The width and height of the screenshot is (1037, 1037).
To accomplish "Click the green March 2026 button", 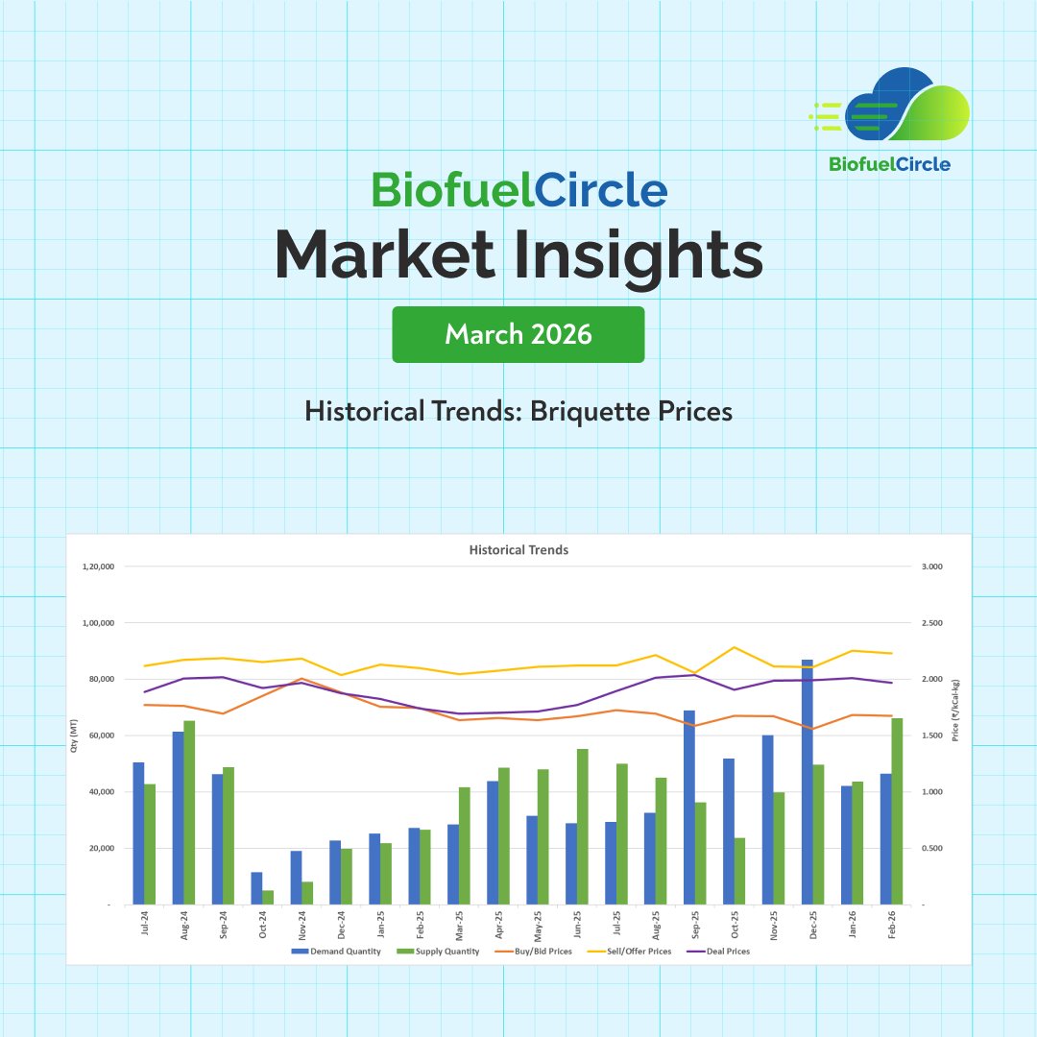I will (x=518, y=334).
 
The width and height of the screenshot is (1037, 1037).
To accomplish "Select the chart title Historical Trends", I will (x=518, y=550).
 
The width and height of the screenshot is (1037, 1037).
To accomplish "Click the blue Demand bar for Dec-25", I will (x=808, y=782).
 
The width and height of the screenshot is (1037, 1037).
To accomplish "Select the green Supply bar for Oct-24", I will (x=268, y=897).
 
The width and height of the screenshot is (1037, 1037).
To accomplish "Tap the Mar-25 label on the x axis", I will (x=458, y=926).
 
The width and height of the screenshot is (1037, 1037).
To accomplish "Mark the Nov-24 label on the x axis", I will (x=301, y=926).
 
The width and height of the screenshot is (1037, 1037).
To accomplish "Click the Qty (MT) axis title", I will (x=74, y=736).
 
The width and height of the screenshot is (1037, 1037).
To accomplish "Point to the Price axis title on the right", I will (x=955, y=711).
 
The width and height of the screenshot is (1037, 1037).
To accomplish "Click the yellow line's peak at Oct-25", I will (x=735, y=647).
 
